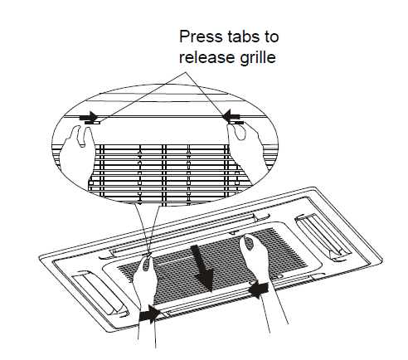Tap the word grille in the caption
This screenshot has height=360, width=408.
point(258,58)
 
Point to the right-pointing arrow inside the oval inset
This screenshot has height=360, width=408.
point(88,117)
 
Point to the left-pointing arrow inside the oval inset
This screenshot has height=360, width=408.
point(232,115)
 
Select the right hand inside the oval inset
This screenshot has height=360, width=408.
point(246,148)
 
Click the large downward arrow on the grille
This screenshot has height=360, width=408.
point(203,268)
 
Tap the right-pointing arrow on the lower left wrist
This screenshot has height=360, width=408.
point(150,314)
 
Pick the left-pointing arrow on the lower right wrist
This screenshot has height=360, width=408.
point(259,289)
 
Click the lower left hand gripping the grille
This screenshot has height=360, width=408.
point(144,280)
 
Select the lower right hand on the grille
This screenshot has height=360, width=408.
point(255,255)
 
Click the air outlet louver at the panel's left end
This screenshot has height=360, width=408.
point(100,294)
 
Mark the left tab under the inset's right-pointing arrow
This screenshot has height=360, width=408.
point(92,123)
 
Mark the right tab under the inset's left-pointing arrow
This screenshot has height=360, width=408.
point(237,122)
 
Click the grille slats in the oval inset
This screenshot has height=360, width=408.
point(163,174)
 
